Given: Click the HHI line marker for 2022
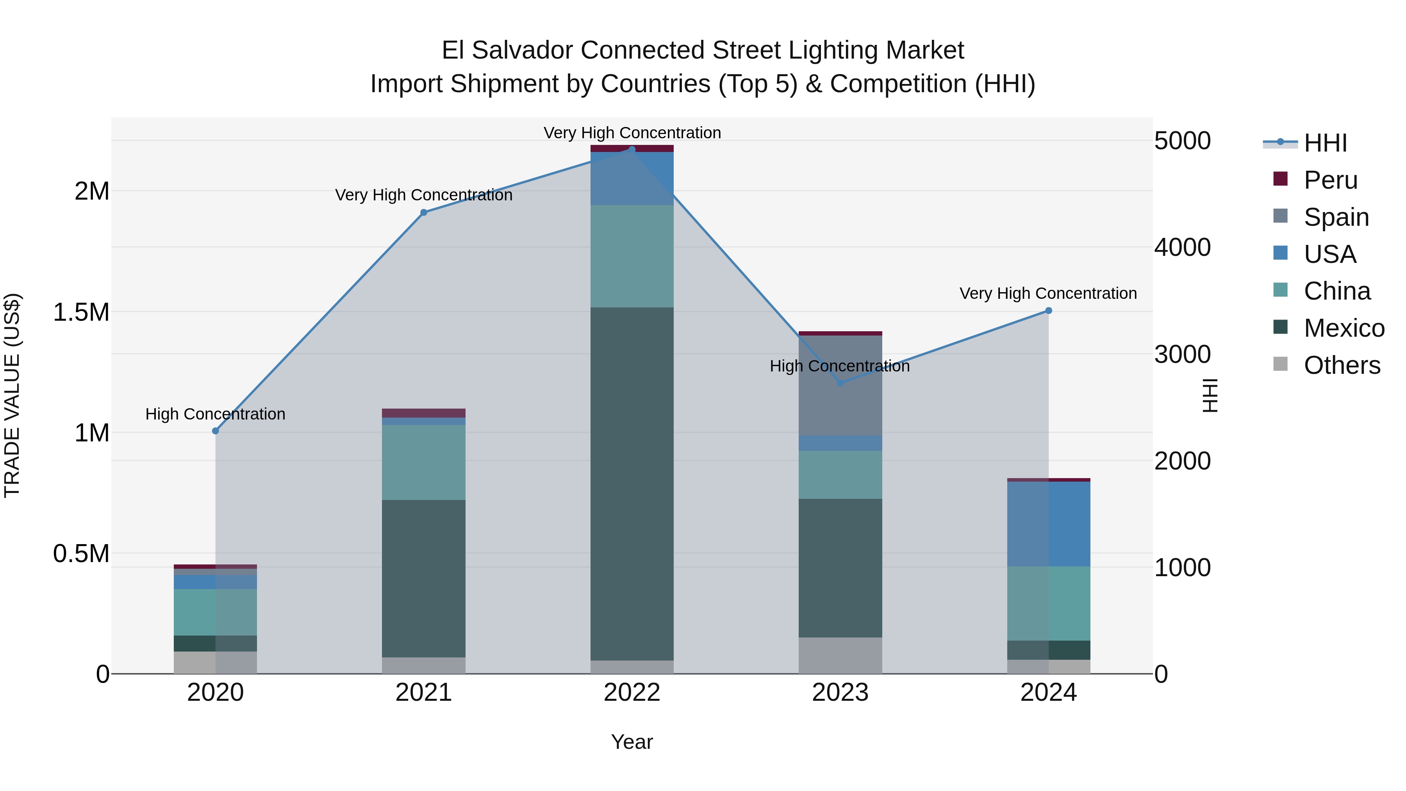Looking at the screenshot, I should (x=632, y=150).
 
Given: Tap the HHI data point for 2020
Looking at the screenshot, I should (x=215, y=431).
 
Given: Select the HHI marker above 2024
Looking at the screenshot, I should (x=1049, y=311).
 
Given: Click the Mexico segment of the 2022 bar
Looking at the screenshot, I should (x=632, y=483).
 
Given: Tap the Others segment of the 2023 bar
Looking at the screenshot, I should (x=840, y=655).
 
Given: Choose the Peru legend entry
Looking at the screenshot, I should (x=1330, y=180).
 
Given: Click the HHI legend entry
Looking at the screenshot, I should (x=1325, y=143).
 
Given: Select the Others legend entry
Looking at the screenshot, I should (x=1341, y=365).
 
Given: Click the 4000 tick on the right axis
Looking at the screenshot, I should (x=1182, y=247).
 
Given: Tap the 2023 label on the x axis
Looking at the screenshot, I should (x=840, y=693).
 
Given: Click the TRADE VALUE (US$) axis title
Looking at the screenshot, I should (x=12, y=395).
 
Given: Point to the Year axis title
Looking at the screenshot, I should (x=632, y=742).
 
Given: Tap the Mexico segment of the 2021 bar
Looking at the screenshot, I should (x=423, y=578).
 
